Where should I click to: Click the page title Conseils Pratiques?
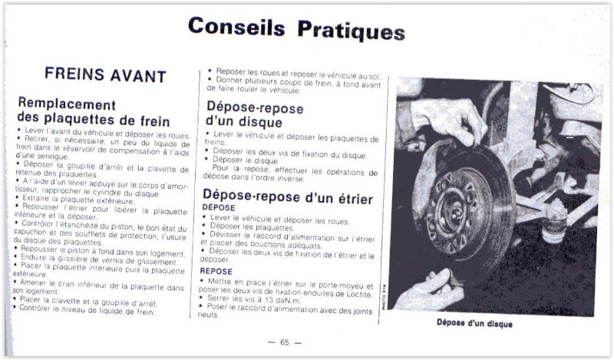pos(296,28)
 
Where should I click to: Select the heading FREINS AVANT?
pos(105,75)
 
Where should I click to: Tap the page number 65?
pos(284,342)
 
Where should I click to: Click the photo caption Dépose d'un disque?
pos(474,323)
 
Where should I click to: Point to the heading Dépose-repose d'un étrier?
pos(288,198)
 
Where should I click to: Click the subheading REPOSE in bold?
pos(216,271)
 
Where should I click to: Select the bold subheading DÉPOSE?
pos(218,208)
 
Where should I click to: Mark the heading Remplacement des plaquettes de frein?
pos(92,112)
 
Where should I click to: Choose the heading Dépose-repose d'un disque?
pos(254,115)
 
